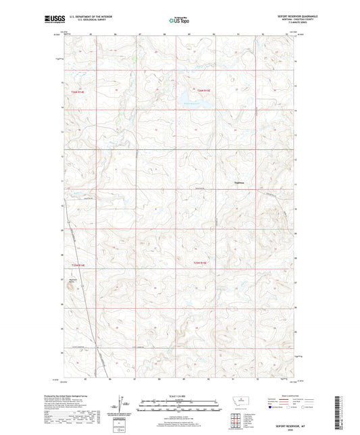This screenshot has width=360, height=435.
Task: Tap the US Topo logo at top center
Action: (180, 21)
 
